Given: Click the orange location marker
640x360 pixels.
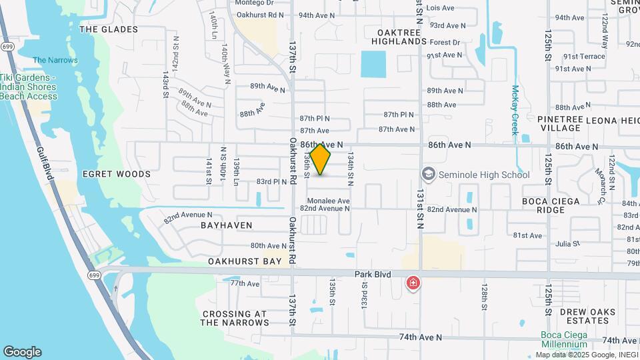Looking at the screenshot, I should click(x=321, y=160).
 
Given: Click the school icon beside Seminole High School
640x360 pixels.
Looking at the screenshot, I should click(x=427, y=175).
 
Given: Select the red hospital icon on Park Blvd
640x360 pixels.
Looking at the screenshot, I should click(x=413, y=284).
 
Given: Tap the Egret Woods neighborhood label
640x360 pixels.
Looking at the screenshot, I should click(x=117, y=174).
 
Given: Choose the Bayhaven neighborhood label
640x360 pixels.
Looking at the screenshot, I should click(x=227, y=226).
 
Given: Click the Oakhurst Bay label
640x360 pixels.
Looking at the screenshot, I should click(x=245, y=262).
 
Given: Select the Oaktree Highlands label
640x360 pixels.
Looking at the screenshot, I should click(x=401, y=37).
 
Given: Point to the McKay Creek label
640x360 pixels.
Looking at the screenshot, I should click(x=515, y=110).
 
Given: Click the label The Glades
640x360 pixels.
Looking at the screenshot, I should click(x=109, y=29).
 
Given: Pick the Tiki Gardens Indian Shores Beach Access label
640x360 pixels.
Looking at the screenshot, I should click(x=28, y=87).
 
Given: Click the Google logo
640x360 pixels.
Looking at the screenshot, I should click(x=21, y=352).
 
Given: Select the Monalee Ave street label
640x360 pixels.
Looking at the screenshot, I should click(x=328, y=201).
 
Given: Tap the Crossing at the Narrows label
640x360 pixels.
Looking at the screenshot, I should click(x=235, y=318).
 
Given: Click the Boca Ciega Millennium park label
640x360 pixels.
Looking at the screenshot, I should click(x=564, y=339).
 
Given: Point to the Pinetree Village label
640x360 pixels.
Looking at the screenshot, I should click(x=561, y=123).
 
